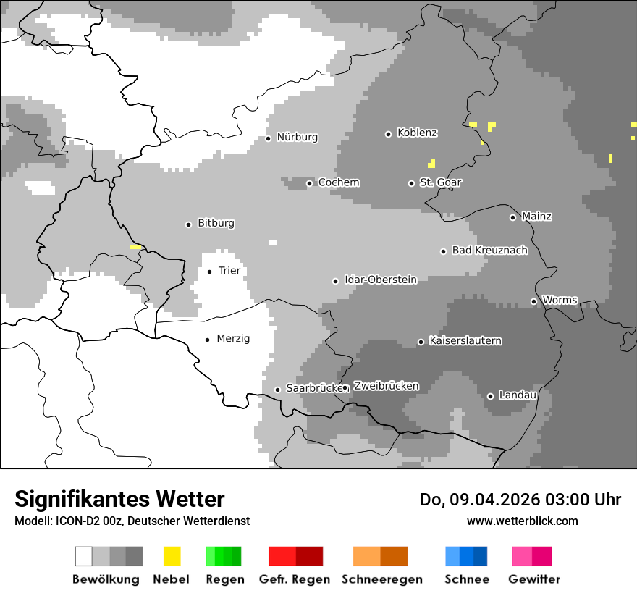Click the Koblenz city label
(418, 133)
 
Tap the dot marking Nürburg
(268, 138)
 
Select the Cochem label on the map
(339, 182)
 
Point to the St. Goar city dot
(411, 183)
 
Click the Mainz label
(537, 217)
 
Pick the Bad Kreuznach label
(490, 251)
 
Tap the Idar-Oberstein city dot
(335, 281)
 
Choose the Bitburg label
(216, 224)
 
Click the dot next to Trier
(209, 272)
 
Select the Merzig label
(233, 339)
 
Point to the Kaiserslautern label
(465, 341)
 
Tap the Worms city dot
(533, 301)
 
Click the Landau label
(518, 395)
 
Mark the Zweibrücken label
(386, 387)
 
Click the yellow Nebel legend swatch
(172, 556)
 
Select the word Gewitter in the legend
(534, 579)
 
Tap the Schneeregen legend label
(382, 579)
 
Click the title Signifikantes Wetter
(119, 499)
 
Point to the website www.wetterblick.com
(523, 521)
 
